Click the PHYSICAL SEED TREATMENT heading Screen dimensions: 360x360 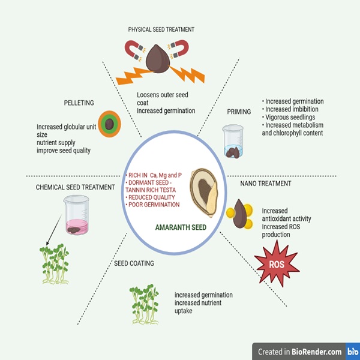pyautogui.click(x=161, y=29)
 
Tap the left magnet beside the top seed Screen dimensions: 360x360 pyautogui.click(x=135, y=50)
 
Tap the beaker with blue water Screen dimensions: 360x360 pyautogui.click(x=232, y=141)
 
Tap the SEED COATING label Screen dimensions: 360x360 pyautogui.click(x=133, y=263)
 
